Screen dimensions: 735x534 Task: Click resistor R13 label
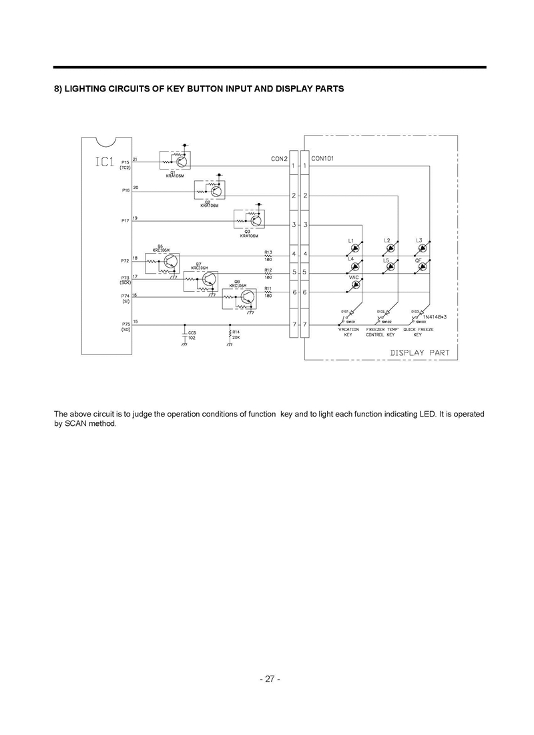(268, 252)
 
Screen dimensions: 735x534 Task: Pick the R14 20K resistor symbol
(230, 332)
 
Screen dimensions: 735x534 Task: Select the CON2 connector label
(279, 159)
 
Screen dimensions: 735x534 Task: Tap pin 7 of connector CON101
(305, 324)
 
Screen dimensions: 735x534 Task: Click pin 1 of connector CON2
(293, 166)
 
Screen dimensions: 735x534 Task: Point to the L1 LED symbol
(356, 248)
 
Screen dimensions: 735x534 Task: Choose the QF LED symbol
(422, 266)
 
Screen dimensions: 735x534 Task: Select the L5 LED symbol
(389, 266)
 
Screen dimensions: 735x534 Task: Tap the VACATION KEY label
(348, 332)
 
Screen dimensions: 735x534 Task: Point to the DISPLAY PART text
(420, 352)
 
